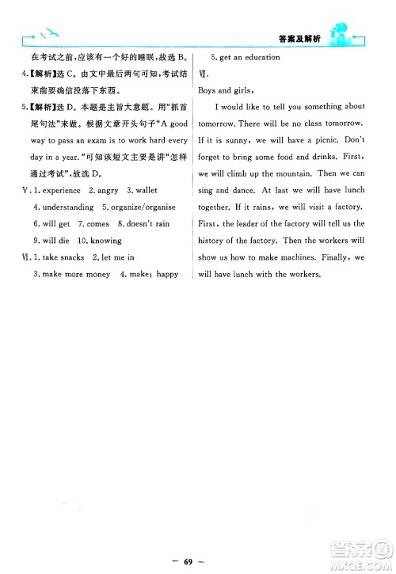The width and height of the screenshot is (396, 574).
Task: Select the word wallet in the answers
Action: [x=147, y=190]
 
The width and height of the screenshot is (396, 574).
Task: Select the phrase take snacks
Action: [x=61, y=257]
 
